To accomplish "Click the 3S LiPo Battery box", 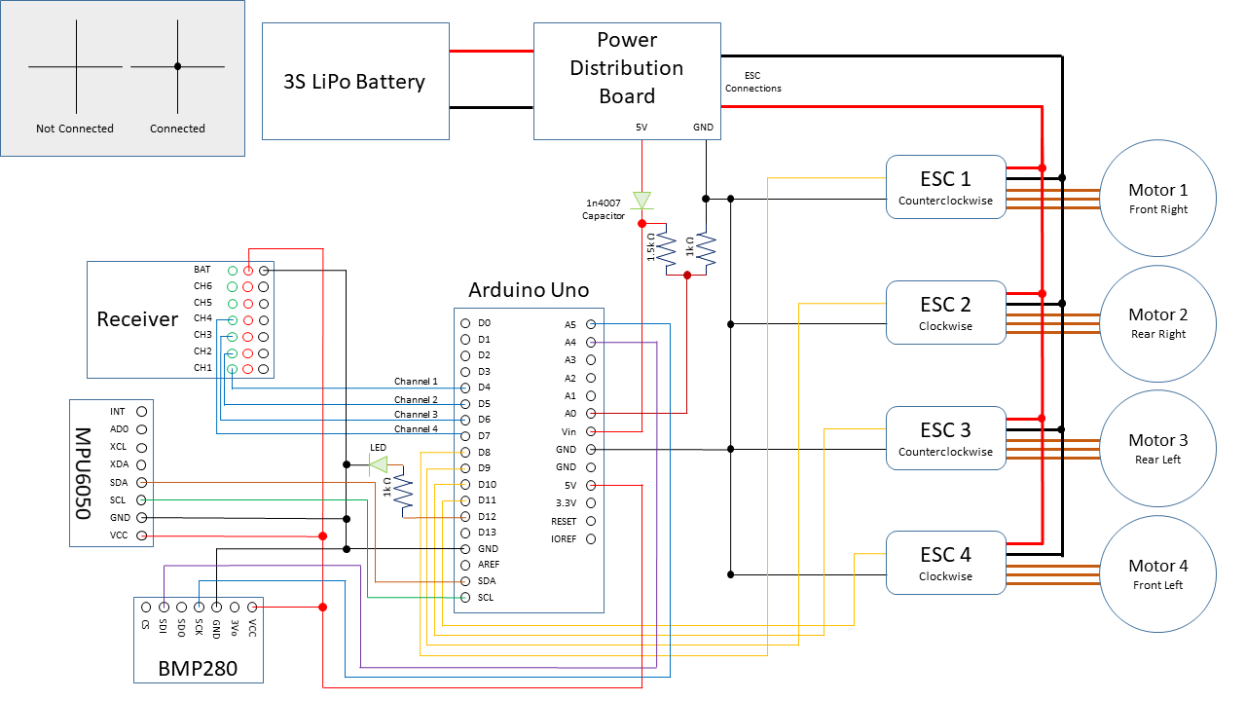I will [x=355, y=81].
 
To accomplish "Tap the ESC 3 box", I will [x=945, y=438].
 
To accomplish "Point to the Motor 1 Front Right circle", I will [x=1157, y=199].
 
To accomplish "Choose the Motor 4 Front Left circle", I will [x=1157, y=574].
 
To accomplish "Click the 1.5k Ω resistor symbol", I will [x=667, y=248].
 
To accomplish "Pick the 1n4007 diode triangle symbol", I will [x=641, y=201].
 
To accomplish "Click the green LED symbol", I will [x=378, y=464].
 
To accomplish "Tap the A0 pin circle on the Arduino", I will [x=591, y=414].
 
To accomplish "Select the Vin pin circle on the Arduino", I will [x=591, y=431].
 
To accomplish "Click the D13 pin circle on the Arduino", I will [x=465, y=533].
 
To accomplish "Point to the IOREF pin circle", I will [x=591, y=538].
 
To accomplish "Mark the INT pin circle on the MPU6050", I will [x=142, y=412].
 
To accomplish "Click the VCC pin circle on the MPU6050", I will [x=142, y=535].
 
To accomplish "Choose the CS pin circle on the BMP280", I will [x=145, y=607].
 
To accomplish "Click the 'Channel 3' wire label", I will [x=416, y=415].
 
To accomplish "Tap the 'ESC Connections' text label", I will [x=752, y=82].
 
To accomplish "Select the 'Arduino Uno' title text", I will [x=528, y=290].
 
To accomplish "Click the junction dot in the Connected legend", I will [x=177, y=66].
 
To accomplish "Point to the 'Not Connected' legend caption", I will [x=75, y=129].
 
